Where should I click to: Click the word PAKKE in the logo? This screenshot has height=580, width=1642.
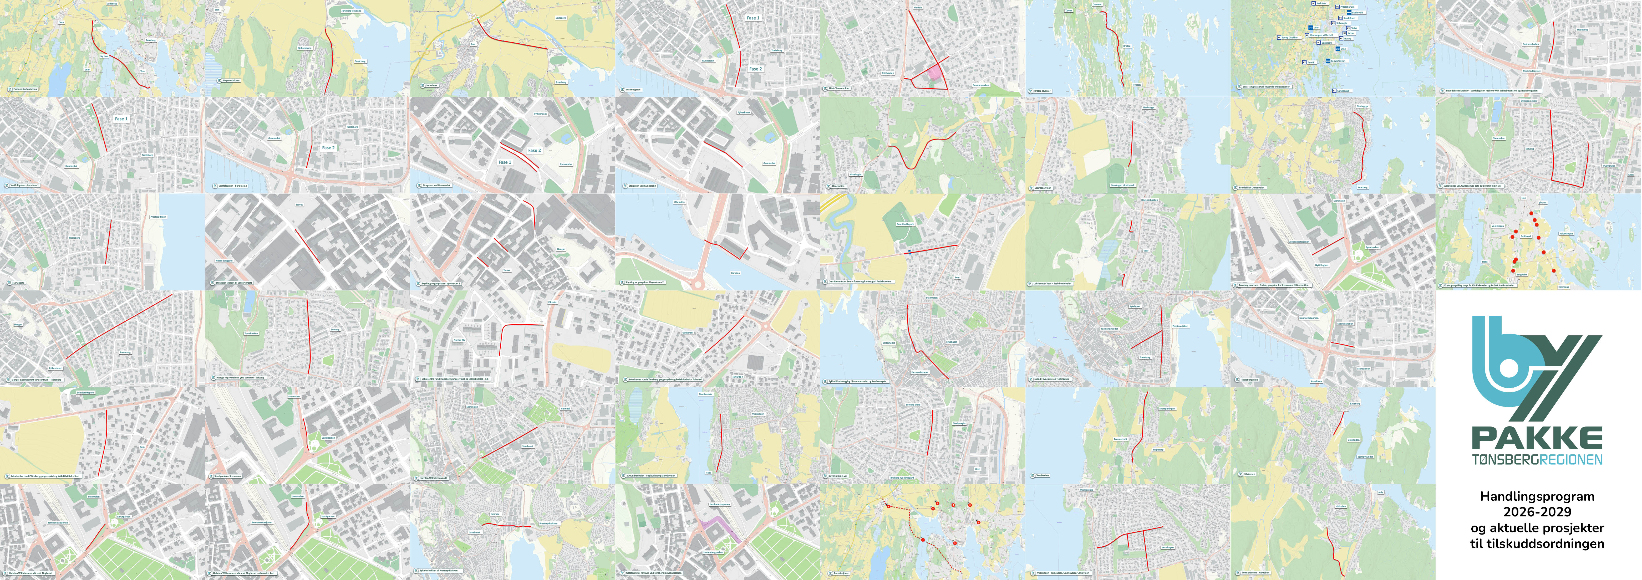[x=1537, y=439]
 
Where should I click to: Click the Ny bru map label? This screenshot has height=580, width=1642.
[x=104, y=56]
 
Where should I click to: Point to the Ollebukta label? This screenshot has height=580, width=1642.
[x=679, y=202]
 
